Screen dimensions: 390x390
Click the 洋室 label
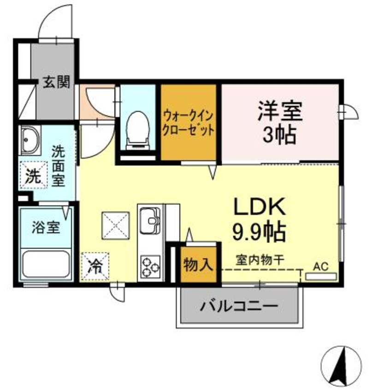[280, 111]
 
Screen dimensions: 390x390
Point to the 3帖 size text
[279, 135]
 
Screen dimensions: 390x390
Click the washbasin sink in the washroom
[30, 140]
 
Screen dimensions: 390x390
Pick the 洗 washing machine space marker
[33, 175]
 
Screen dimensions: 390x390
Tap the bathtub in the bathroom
[46, 264]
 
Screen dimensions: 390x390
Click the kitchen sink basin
[149, 221]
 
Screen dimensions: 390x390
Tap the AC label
[321, 266]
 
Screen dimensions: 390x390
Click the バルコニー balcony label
[239, 306]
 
